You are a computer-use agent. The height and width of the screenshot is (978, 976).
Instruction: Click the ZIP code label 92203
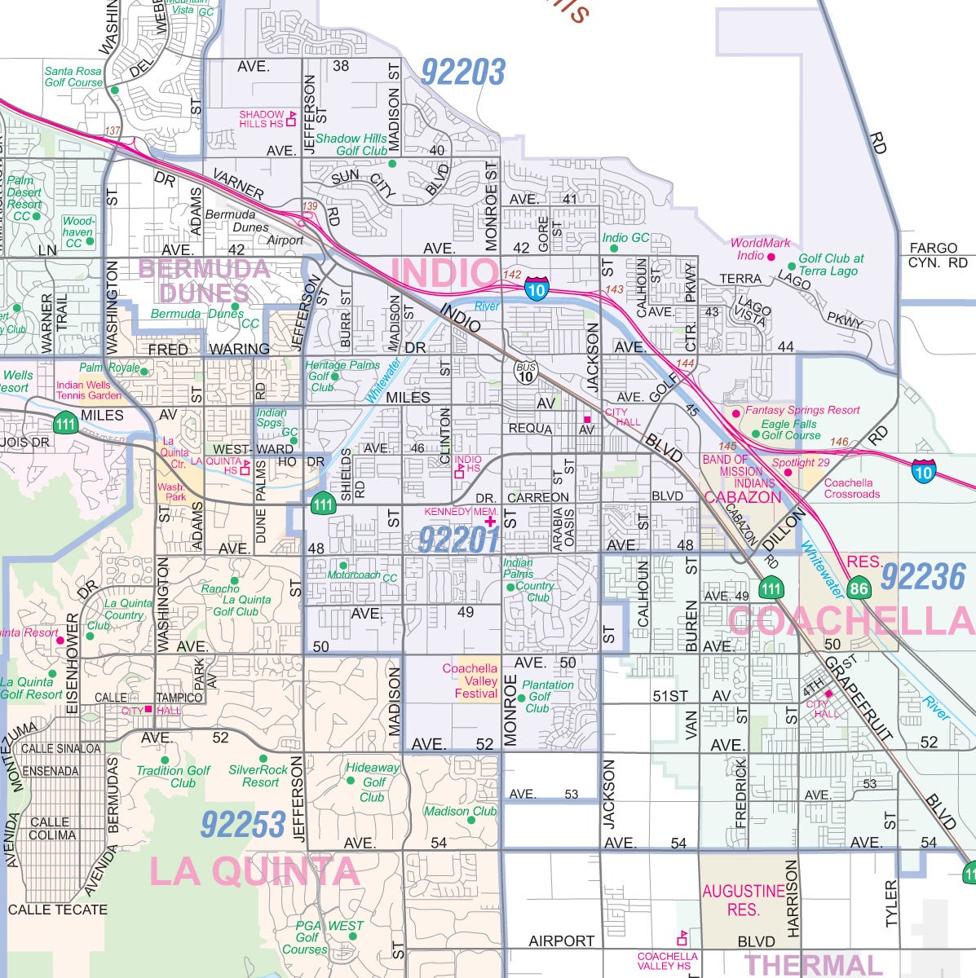pyautogui.click(x=463, y=73)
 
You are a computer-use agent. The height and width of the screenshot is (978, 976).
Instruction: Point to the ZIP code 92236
pyautogui.click(x=923, y=577)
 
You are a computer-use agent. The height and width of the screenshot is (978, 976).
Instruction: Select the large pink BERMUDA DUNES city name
pyautogui.click(x=204, y=280)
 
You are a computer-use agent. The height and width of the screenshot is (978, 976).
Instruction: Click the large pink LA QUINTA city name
pyautogui.click(x=254, y=872)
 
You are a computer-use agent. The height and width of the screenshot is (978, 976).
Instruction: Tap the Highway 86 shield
pyautogui.click(x=858, y=588)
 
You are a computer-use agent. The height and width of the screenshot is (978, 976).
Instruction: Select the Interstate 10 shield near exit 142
pyautogui.click(x=536, y=289)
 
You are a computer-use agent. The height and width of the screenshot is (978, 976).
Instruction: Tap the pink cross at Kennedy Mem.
pyautogui.click(x=490, y=521)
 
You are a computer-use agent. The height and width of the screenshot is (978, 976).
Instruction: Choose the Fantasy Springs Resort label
pyautogui.click(x=802, y=410)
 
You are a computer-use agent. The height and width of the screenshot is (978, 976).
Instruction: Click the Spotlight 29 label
pyautogui.click(x=801, y=463)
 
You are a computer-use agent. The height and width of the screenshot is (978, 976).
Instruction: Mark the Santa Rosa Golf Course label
pyautogui.click(x=73, y=77)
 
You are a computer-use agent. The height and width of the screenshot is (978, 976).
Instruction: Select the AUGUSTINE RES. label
pyautogui.click(x=743, y=900)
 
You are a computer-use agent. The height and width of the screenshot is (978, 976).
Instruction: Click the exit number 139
pyautogui.click(x=309, y=206)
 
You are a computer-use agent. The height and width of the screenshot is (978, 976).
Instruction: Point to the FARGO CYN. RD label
pyautogui.click(x=938, y=255)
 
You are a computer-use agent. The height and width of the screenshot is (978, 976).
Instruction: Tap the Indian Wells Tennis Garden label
pyautogui.click(x=89, y=390)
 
